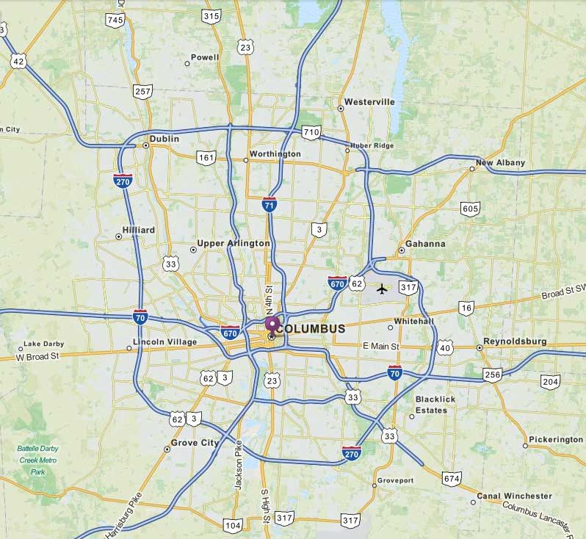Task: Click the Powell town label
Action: (x=205, y=57)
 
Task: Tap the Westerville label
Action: (x=369, y=102)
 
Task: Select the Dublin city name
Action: (x=164, y=139)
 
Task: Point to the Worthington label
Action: (x=275, y=154)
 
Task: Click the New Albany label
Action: (x=500, y=163)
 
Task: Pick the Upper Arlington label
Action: (x=234, y=244)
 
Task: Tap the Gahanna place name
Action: (x=427, y=244)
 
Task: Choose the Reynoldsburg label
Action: (x=515, y=342)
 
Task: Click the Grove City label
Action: (x=195, y=444)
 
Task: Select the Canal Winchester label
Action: (x=514, y=496)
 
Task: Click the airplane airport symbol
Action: (x=382, y=288)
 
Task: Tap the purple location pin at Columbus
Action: (x=272, y=323)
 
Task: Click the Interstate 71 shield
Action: (x=270, y=205)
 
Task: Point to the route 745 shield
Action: (x=115, y=20)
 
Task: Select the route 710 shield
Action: (x=311, y=133)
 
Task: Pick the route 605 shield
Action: (x=471, y=209)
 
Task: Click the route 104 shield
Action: (x=233, y=525)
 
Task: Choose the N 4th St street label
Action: (x=270, y=300)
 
